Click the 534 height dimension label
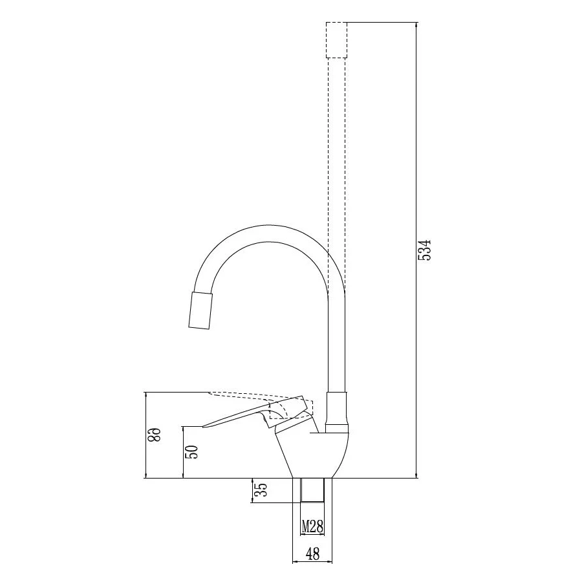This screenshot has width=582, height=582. coord(425,250)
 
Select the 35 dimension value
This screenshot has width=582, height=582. coord(261,490)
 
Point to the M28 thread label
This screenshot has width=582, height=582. coord(312,526)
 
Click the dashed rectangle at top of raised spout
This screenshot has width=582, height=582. coord(336,40)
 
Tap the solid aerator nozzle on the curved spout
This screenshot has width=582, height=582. coord(201,310)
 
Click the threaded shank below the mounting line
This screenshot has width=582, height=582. coord(312,490)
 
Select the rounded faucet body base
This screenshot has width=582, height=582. coord(316,455)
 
